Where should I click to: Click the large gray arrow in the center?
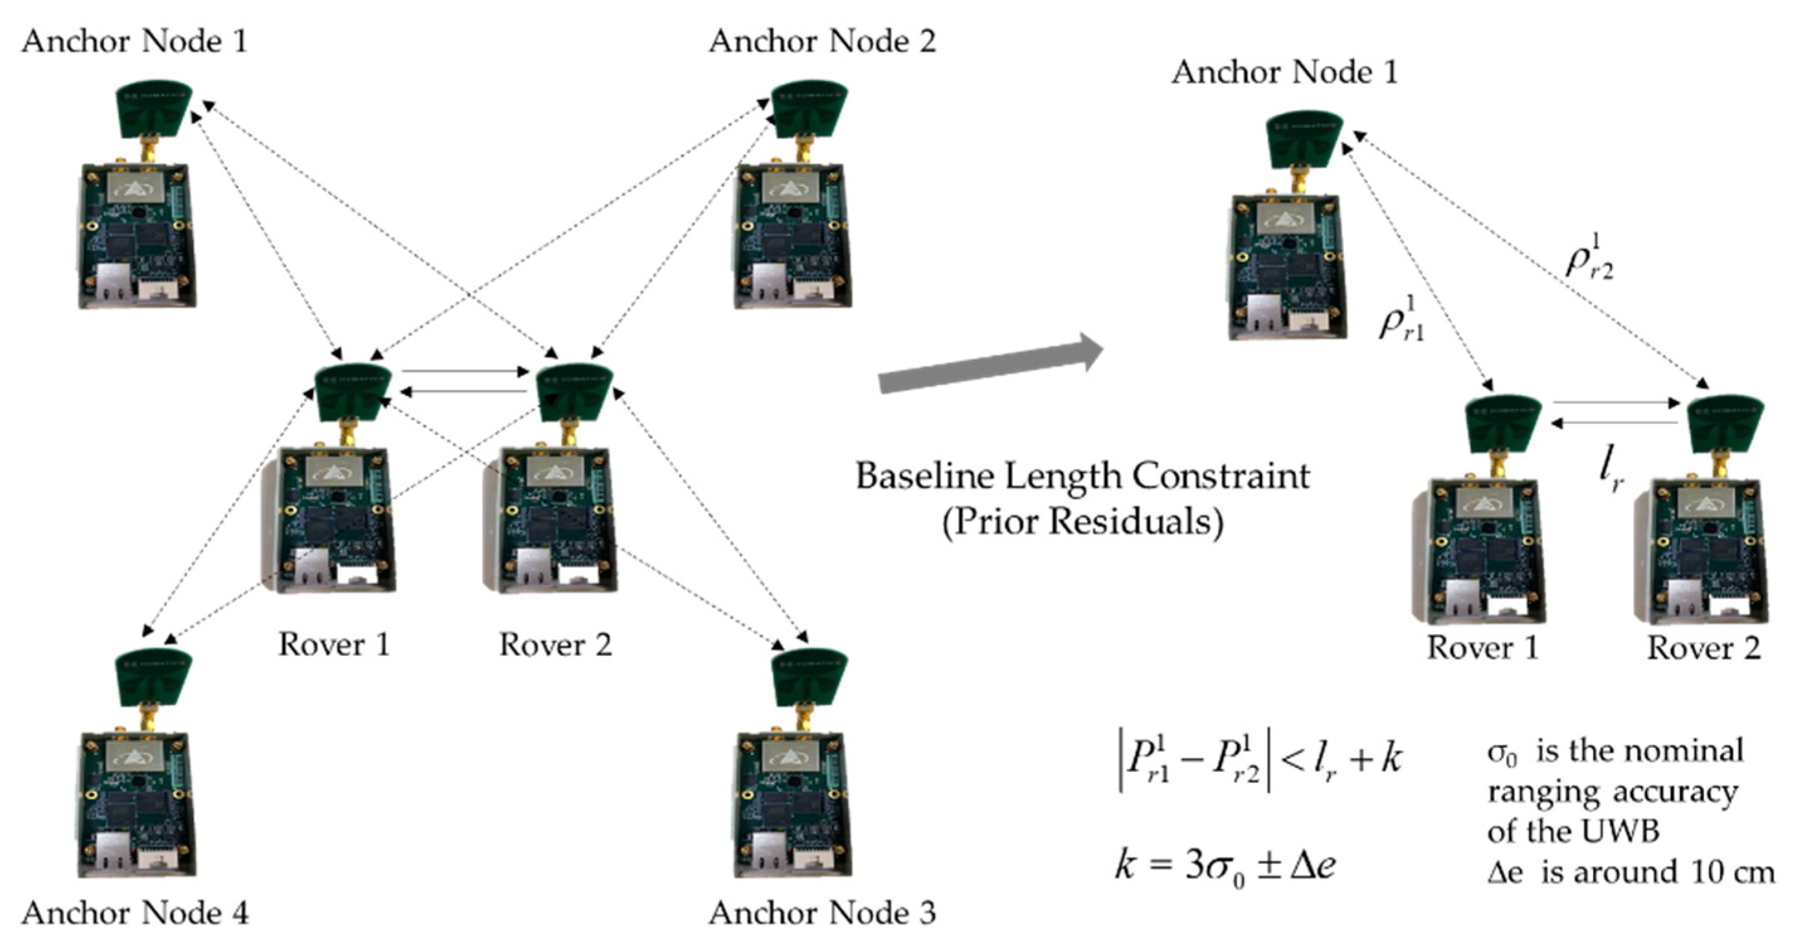pyautogui.click(x=990, y=364)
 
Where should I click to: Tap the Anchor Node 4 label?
pyautogui.click(x=135, y=913)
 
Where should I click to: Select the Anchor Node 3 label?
pyautogui.click(x=822, y=913)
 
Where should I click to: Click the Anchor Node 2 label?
pyautogui.click(x=822, y=42)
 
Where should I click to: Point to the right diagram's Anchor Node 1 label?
pyautogui.click(x=1284, y=72)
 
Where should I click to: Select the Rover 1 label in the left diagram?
pyautogui.click(x=334, y=645)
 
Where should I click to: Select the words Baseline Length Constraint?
pyautogui.click(x=1082, y=477)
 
